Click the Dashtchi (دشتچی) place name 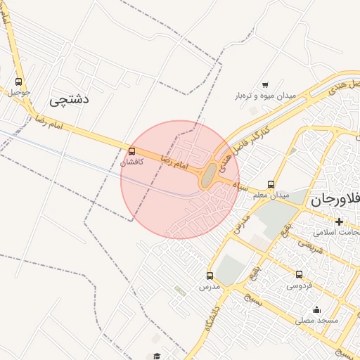click(x=70, y=100)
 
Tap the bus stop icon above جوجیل click(x=18, y=82)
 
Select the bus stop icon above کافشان click(x=132, y=151)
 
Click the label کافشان click(x=132, y=162)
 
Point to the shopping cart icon click(x=264, y=85)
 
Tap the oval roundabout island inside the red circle click(x=209, y=177)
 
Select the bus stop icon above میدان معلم click(x=271, y=184)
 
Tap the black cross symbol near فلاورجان click(x=339, y=221)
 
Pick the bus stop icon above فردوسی click(x=299, y=275)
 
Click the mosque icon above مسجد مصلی click(x=316, y=309)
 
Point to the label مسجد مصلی click(x=316, y=320)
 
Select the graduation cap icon click(x=157, y=356)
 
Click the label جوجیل click(x=19, y=92)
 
